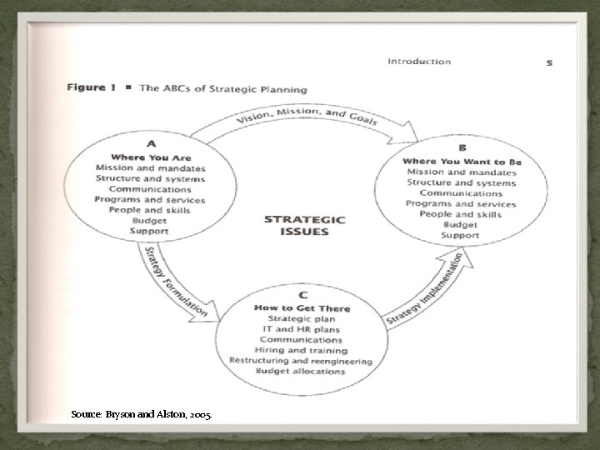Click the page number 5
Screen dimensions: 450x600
pyautogui.click(x=549, y=62)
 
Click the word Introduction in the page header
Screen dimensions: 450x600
pyautogui.click(x=419, y=62)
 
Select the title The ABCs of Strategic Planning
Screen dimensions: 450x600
pyautogui.click(x=223, y=89)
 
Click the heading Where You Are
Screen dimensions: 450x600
pyautogui.click(x=150, y=158)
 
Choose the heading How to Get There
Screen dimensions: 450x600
pyautogui.click(x=302, y=308)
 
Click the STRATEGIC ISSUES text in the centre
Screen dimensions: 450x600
pyautogui.click(x=303, y=225)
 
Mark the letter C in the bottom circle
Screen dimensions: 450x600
pyautogui.click(x=302, y=295)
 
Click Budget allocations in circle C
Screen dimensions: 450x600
pyautogui.click(x=301, y=371)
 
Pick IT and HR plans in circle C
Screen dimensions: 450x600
pyautogui.click(x=301, y=330)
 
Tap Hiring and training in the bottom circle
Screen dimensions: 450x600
pyautogui.click(x=301, y=351)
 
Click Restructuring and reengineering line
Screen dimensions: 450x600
pyautogui.click(x=301, y=361)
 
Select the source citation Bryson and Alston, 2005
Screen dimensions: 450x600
pyautogui.click(x=141, y=413)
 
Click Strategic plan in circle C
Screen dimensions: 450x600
pyautogui.click(x=301, y=320)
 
